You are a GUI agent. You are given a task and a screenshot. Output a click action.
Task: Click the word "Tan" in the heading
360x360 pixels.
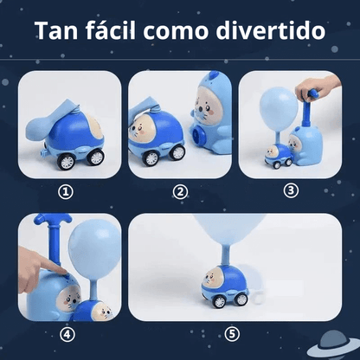click(x=56, y=31)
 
